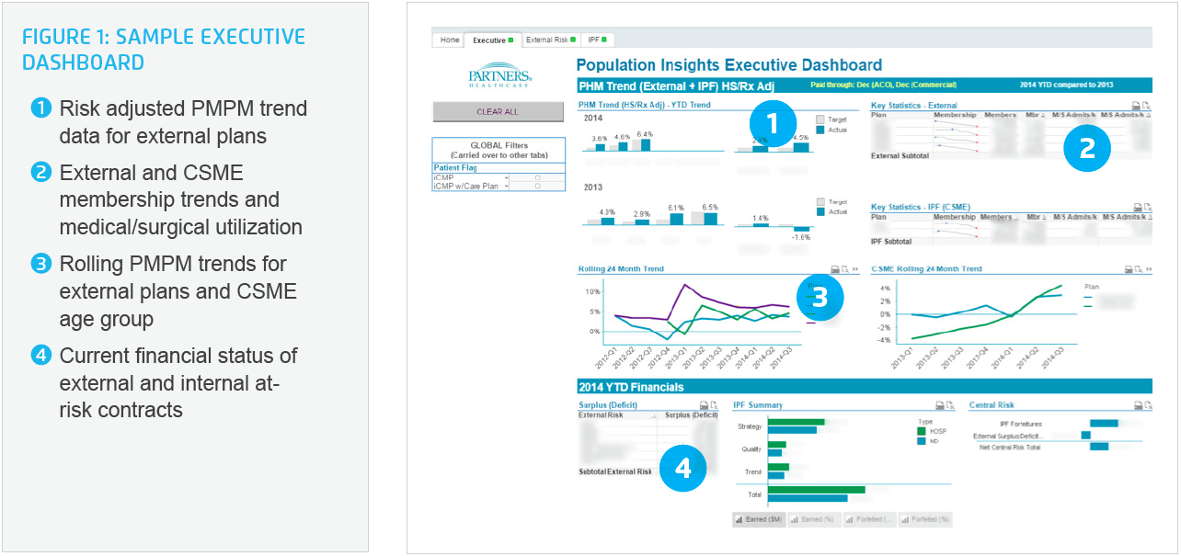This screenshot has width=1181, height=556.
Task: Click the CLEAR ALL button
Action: (498, 112)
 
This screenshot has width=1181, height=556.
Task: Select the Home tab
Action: (449, 40)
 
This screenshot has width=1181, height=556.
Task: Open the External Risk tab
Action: (550, 40)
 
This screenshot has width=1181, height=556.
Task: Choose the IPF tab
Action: (598, 40)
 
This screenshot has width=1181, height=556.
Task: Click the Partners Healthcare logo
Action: (499, 77)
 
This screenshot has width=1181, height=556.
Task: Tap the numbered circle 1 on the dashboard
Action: (773, 125)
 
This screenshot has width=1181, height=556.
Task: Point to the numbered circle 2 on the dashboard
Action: (1087, 148)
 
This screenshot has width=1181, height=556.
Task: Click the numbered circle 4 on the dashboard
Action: (682, 468)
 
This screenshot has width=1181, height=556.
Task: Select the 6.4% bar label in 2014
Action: (644, 134)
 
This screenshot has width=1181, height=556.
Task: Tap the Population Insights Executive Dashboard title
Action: (728, 65)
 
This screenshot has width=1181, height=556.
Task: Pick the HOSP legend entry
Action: (935, 430)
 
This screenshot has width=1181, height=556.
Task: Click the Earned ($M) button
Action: (759, 520)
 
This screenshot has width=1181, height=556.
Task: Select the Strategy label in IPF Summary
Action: (750, 426)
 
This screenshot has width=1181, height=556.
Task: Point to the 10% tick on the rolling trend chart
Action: (592, 291)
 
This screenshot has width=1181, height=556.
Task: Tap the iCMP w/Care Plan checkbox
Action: (537, 186)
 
